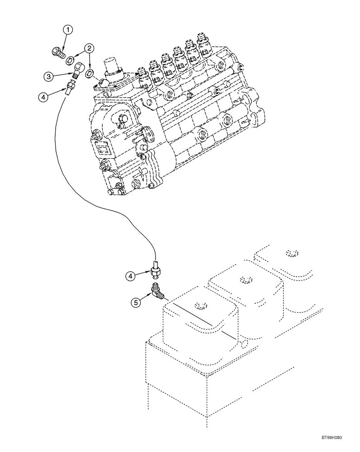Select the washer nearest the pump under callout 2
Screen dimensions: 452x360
click(x=90, y=73)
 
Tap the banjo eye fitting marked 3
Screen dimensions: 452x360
click(x=77, y=69)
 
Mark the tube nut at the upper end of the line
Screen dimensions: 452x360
click(x=71, y=86)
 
